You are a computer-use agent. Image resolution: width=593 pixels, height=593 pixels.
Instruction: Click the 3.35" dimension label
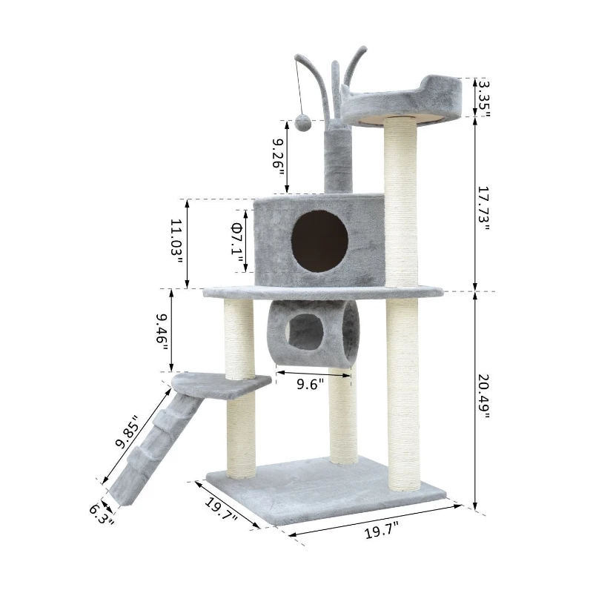(483, 99)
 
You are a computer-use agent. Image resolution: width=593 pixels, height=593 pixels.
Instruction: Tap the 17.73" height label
(483, 209)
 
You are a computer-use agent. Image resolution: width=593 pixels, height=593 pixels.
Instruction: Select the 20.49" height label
(483, 396)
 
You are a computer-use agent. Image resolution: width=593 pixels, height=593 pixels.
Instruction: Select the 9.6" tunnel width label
(310, 384)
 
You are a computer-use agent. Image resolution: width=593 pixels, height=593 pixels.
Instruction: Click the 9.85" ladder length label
(127, 432)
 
